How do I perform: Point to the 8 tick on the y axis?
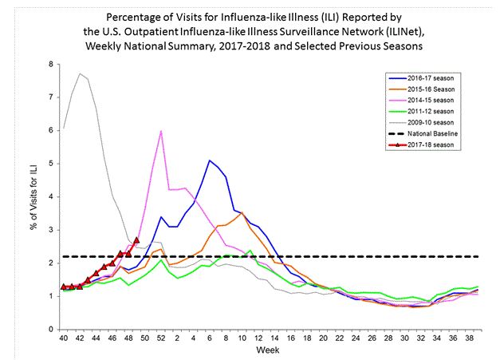point(51,64)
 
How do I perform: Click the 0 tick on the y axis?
point(51,329)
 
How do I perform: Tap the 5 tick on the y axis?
point(51,163)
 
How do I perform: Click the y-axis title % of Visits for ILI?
point(32,196)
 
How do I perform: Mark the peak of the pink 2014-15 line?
point(162,131)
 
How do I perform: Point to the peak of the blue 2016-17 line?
point(210,160)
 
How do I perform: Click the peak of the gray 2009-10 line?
point(80,73)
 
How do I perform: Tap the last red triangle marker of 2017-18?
point(136,239)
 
